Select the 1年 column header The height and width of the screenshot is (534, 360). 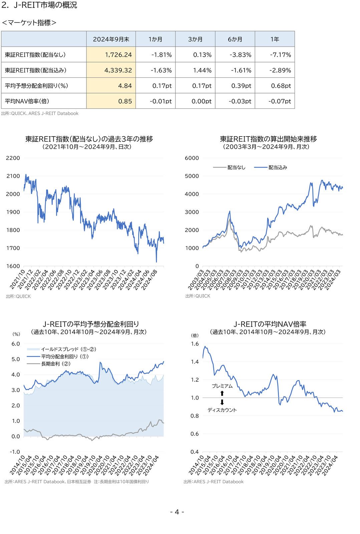tap(275, 39)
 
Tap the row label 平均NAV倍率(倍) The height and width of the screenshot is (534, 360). tap(27, 101)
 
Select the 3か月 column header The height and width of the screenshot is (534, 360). tap(195, 39)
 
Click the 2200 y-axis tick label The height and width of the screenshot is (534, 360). tap(13, 158)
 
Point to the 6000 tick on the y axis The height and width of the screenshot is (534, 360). tap(192, 158)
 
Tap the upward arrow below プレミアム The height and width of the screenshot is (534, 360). tap(222, 393)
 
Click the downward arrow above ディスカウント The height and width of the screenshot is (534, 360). tap(222, 403)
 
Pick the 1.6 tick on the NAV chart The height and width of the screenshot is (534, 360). tap(195, 344)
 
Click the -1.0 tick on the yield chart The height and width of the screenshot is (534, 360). tap(15, 452)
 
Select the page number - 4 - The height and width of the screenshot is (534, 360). tap(177, 512)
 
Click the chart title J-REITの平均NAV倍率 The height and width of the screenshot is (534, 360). tap(270, 324)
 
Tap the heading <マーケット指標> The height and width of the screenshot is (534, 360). tap(29, 23)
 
